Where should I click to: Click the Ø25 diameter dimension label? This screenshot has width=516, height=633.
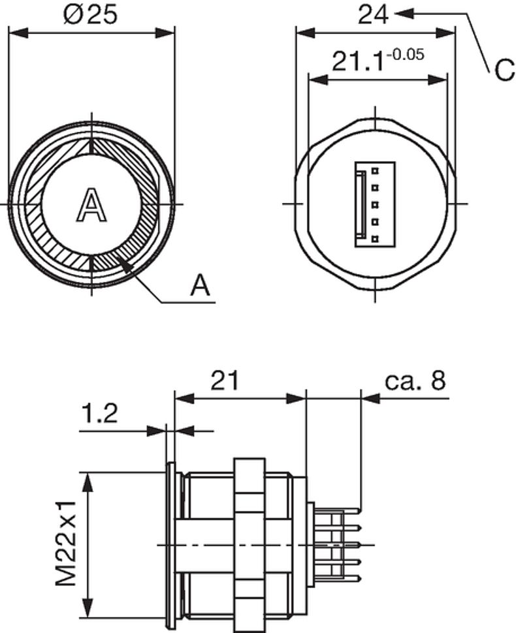coord(91,14)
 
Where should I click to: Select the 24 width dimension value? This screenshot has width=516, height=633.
coord(373,14)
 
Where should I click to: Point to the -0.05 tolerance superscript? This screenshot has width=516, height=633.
coord(406,54)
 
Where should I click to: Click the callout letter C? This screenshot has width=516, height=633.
coord(504,71)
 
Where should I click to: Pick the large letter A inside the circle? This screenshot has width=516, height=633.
coord(91,204)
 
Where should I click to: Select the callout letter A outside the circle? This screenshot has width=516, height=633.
coord(202,286)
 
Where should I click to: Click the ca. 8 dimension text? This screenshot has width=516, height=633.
coord(415,380)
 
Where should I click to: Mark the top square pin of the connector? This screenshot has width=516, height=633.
coord(376,171)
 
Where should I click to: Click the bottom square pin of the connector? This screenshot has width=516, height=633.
coord(376,239)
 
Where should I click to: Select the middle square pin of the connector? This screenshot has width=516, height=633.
coord(376,205)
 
